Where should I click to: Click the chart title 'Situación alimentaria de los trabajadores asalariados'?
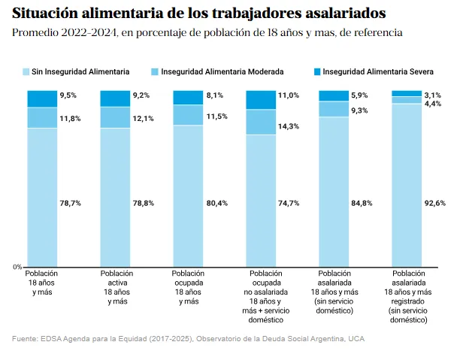(x=199, y=14)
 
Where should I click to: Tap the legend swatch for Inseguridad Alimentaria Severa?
(x=317, y=71)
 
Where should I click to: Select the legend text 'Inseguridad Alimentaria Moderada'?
(x=222, y=71)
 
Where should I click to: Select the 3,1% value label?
(x=433, y=95)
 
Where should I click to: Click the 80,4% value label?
(x=215, y=203)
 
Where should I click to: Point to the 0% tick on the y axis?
(x=17, y=267)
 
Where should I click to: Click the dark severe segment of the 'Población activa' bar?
(x=115, y=98)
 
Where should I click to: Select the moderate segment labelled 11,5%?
(x=188, y=115)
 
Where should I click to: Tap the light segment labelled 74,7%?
(x=261, y=201)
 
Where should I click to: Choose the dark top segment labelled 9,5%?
(x=42, y=98)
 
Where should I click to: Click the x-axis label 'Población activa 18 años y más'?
(x=117, y=287)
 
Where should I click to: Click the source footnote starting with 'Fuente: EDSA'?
(x=189, y=339)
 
